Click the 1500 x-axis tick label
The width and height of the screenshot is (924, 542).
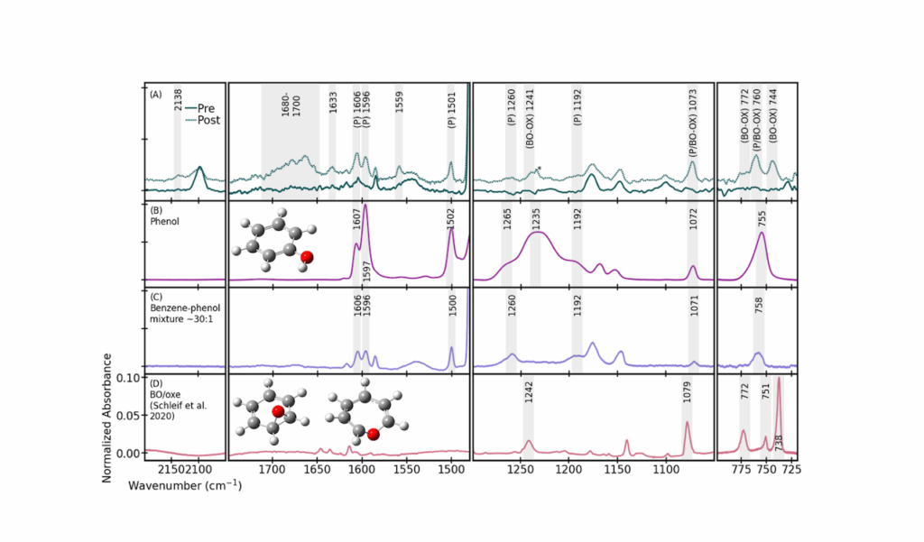(450, 471)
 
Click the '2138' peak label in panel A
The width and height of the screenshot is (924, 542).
(178, 98)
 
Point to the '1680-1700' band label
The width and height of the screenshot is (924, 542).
(290, 105)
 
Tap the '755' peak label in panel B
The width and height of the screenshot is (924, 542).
(762, 218)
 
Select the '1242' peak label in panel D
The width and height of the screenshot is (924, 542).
(528, 392)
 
